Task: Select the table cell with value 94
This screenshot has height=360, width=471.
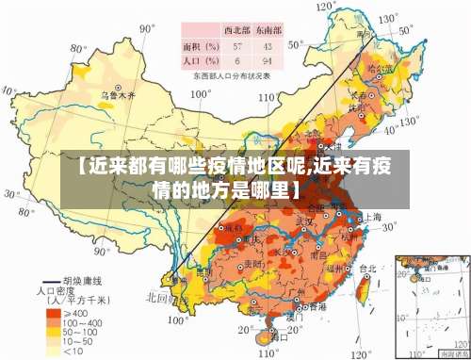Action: tap(268, 60)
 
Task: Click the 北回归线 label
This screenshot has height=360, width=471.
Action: tap(158, 298)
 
